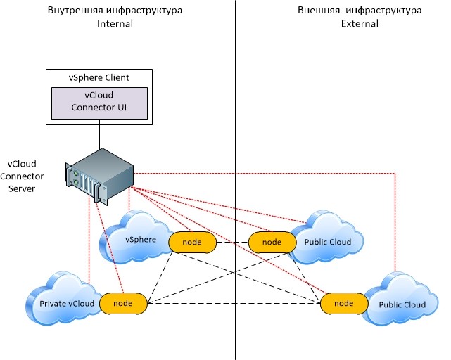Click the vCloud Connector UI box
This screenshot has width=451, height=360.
[x=99, y=103]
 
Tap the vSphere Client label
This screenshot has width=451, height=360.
[x=99, y=77]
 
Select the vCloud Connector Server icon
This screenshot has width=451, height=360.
[x=99, y=176]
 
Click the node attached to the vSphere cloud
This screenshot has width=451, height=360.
[x=192, y=242]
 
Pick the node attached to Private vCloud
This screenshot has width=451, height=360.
[x=123, y=303]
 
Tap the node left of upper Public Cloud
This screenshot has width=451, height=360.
[x=272, y=242]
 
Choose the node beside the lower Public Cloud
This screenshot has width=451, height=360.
[x=344, y=303]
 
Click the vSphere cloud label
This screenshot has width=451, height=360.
[x=141, y=240]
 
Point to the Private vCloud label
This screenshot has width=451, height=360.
[x=67, y=304]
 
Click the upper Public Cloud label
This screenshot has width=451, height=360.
[x=328, y=242]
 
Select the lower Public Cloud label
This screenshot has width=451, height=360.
[x=402, y=304]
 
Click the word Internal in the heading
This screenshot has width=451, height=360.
[x=115, y=24]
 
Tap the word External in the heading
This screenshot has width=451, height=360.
[x=360, y=24]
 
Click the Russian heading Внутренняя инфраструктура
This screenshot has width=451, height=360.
[x=115, y=11]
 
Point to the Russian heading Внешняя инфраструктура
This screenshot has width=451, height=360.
[x=360, y=11]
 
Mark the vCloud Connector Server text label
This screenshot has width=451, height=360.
[x=22, y=176]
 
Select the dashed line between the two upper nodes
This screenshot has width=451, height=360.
[x=232, y=242]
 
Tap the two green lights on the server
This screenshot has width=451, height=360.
[x=76, y=178]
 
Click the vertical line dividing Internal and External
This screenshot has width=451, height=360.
[x=235, y=180]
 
